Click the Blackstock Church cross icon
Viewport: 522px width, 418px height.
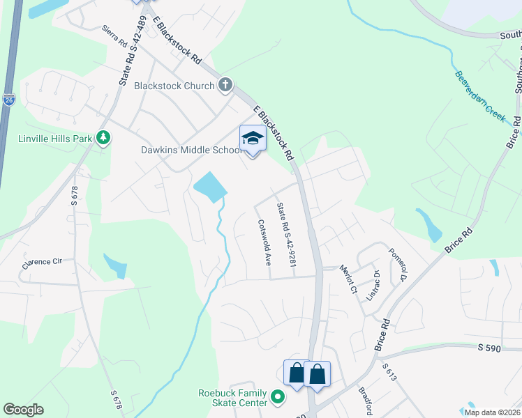coord(225,86)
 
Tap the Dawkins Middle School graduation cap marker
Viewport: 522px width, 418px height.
coord(253,138)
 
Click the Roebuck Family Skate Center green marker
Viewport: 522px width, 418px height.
coord(278,397)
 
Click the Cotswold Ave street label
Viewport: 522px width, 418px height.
coord(264,244)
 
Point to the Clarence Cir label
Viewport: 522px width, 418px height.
coord(42,263)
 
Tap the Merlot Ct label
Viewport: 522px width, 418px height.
coord(348,278)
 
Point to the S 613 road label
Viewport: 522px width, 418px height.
coord(389,372)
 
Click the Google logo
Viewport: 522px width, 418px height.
coord(23,410)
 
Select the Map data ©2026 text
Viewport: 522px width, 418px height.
coord(492,412)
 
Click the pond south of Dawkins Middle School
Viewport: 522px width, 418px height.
coord(210,186)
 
